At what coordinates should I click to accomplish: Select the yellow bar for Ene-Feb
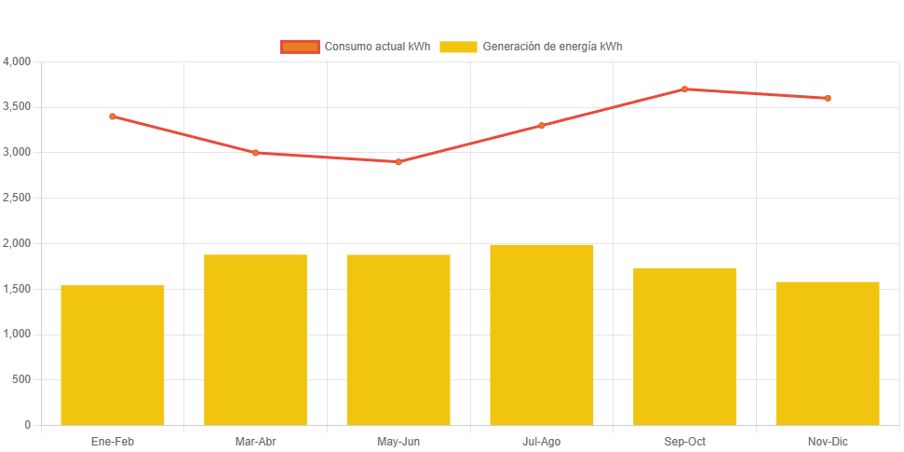[113, 355]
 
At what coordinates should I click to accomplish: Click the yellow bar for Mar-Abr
[255, 339]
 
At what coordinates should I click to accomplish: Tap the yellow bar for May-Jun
[398, 339]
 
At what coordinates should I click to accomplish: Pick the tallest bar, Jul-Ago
[542, 335]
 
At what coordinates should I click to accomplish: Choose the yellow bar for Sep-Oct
[684, 346]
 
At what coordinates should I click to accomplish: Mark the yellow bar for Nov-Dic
[828, 353]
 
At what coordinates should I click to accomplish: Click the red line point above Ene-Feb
[113, 116]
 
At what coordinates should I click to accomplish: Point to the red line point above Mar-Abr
[255, 153]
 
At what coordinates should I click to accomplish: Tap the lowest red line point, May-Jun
[398, 162]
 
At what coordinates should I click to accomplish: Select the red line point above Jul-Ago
[542, 126]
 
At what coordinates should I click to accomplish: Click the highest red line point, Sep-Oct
[684, 89]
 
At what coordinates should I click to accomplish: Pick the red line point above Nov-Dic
[828, 98]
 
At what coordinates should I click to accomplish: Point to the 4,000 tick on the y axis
[18, 62]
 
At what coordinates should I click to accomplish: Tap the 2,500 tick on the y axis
[18, 198]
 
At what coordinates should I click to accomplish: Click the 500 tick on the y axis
[21, 379]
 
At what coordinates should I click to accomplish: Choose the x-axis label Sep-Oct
[684, 441]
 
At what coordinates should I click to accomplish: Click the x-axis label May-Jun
[398, 441]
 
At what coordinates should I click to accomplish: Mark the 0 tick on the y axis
[28, 425]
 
